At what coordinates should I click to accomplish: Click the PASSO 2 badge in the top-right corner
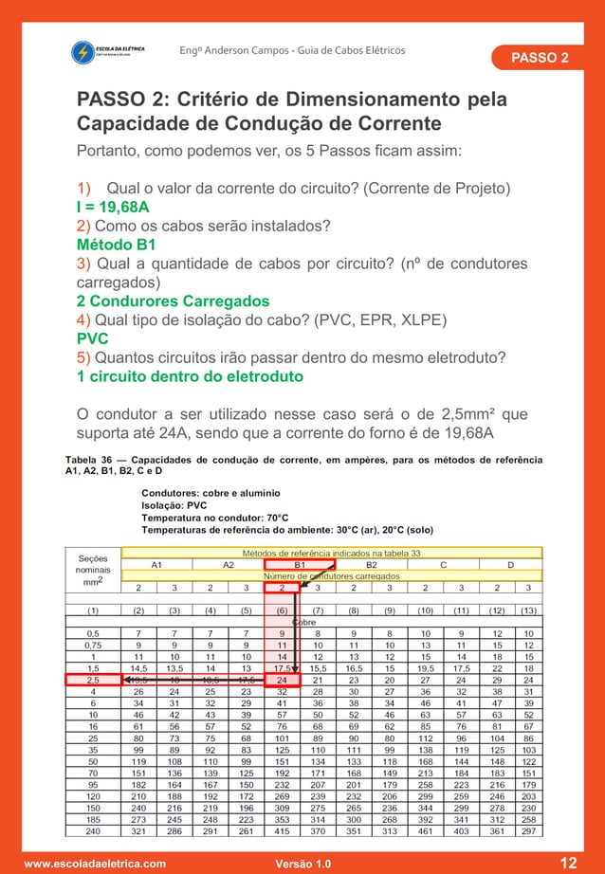coord(540,58)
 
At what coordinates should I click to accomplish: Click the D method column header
coord(512,564)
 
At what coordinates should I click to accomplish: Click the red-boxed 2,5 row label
coord(92,680)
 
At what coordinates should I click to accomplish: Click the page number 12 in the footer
coord(568,863)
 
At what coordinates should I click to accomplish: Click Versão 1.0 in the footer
coord(302,864)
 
